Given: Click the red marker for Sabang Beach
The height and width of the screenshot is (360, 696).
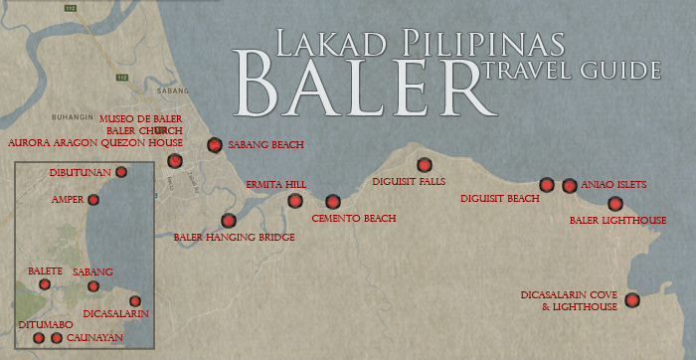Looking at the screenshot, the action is click(214, 145).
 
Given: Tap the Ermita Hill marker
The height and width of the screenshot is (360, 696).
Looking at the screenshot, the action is click(295, 201).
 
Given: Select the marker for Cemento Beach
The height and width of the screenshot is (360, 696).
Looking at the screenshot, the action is click(332, 202).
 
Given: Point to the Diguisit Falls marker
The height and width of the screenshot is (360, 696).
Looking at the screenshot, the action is click(425, 165).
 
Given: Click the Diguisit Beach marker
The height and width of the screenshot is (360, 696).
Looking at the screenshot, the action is click(546, 184).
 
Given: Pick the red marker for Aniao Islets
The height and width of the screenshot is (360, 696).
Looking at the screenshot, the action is click(569, 185).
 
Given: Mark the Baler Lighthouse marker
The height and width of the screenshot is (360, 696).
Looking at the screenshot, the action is click(614, 204).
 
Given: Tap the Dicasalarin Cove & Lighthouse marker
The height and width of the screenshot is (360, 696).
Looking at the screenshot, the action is click(631, 300).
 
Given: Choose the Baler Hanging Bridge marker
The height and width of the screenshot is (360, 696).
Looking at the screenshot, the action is click(229, 220).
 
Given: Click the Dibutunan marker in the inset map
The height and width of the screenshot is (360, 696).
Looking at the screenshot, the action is click(121, 172).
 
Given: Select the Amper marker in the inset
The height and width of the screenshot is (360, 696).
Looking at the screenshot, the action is click(93, 200).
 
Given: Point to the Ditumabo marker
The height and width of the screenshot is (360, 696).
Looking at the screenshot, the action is click(39, 338).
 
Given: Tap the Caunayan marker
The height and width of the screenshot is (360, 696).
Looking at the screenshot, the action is click(57, 338).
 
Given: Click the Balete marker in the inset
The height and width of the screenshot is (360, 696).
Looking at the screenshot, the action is click(45, 284).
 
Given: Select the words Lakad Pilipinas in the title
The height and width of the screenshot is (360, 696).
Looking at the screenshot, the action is click(403, 43).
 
